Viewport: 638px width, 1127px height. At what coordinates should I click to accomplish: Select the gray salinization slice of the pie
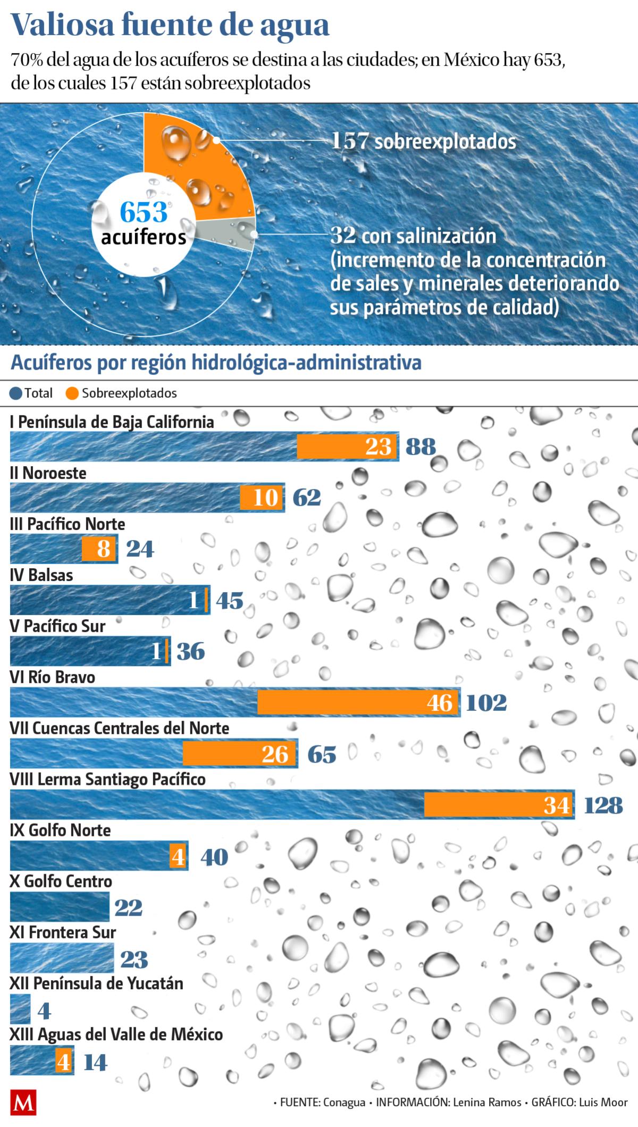(x=229, y=233)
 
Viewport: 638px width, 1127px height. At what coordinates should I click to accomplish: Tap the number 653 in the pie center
(x=144, y=212)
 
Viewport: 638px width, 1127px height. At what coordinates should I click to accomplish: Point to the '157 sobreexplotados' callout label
(x=423, y=142)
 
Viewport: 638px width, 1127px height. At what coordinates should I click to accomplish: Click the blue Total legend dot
(x=16, y=393)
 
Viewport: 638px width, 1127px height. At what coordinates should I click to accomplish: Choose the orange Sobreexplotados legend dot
(x=73, y=393)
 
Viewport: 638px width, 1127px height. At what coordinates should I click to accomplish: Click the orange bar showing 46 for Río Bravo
(x=356, y=702)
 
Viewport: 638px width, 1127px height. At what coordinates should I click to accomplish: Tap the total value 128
(x=603, y=806)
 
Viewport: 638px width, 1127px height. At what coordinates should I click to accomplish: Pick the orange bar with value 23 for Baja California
(x=347, y=446)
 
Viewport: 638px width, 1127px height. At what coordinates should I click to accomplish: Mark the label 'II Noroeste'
(x=48, y=473)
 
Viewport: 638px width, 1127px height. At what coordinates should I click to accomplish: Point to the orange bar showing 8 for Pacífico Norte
(x=98, y=549)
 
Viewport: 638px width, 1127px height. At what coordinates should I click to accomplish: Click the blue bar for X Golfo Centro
(x=59, y=907)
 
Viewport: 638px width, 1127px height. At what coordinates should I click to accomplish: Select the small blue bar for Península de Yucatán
(x=20, y=1009)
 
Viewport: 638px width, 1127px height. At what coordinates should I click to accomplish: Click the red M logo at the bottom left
(x=23, y=1104)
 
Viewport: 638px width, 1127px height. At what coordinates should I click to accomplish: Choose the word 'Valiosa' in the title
(x=63, y=26)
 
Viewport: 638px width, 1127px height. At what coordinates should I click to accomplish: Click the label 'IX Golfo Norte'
(x=60, y=830)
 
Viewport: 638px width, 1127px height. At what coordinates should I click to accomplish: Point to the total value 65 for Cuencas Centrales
(x=322, y=755)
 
